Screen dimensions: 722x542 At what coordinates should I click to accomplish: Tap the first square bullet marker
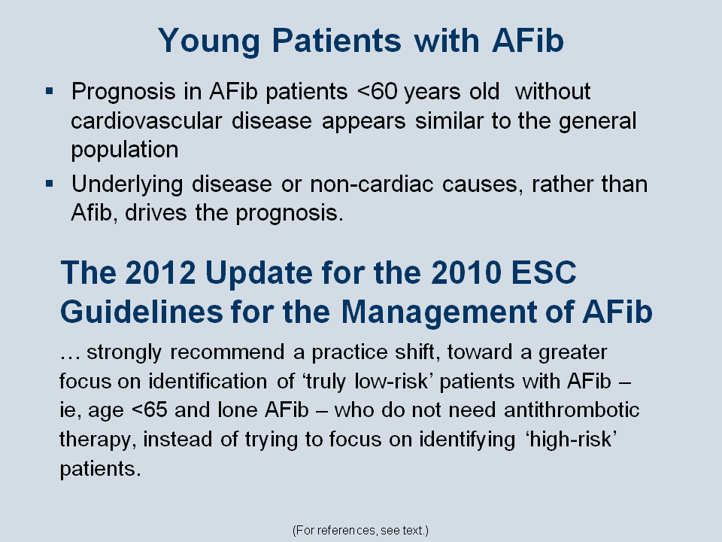click(x=50, y=91)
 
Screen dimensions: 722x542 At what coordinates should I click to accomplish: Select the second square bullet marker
click(x=50, y=184)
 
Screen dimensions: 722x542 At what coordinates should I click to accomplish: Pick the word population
click(x=125, y=151)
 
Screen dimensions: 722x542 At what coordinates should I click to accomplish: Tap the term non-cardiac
click(x=372, y=184)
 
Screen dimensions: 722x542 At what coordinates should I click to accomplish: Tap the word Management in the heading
click(x=438, y=312)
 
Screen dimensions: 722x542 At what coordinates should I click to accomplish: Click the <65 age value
click(x=149, y=410)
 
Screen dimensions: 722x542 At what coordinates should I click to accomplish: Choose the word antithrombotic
click(x=572, y=410)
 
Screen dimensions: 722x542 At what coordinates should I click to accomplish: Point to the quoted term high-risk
click(x=571, y=440)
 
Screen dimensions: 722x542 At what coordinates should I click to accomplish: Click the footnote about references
click(x=360, y=531)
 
